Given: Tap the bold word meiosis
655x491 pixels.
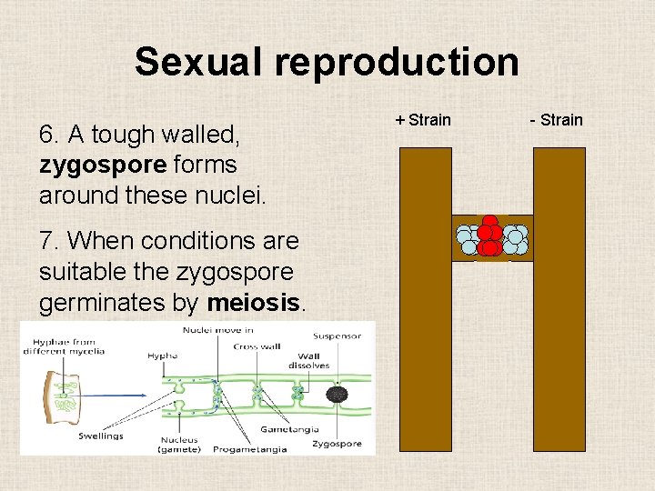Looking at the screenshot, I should (259, 302).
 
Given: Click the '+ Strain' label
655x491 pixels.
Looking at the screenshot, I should (423, 119).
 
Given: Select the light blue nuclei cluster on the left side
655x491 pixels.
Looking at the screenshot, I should (468, 239).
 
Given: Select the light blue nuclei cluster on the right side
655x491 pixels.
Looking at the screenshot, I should (515, 239).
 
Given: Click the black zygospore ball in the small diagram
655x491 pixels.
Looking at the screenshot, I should (338, 395).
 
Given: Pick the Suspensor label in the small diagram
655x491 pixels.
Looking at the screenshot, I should (338, 336).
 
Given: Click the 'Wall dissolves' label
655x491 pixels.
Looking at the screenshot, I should (309, 362).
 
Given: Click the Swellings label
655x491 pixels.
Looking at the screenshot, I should (102, 436).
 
